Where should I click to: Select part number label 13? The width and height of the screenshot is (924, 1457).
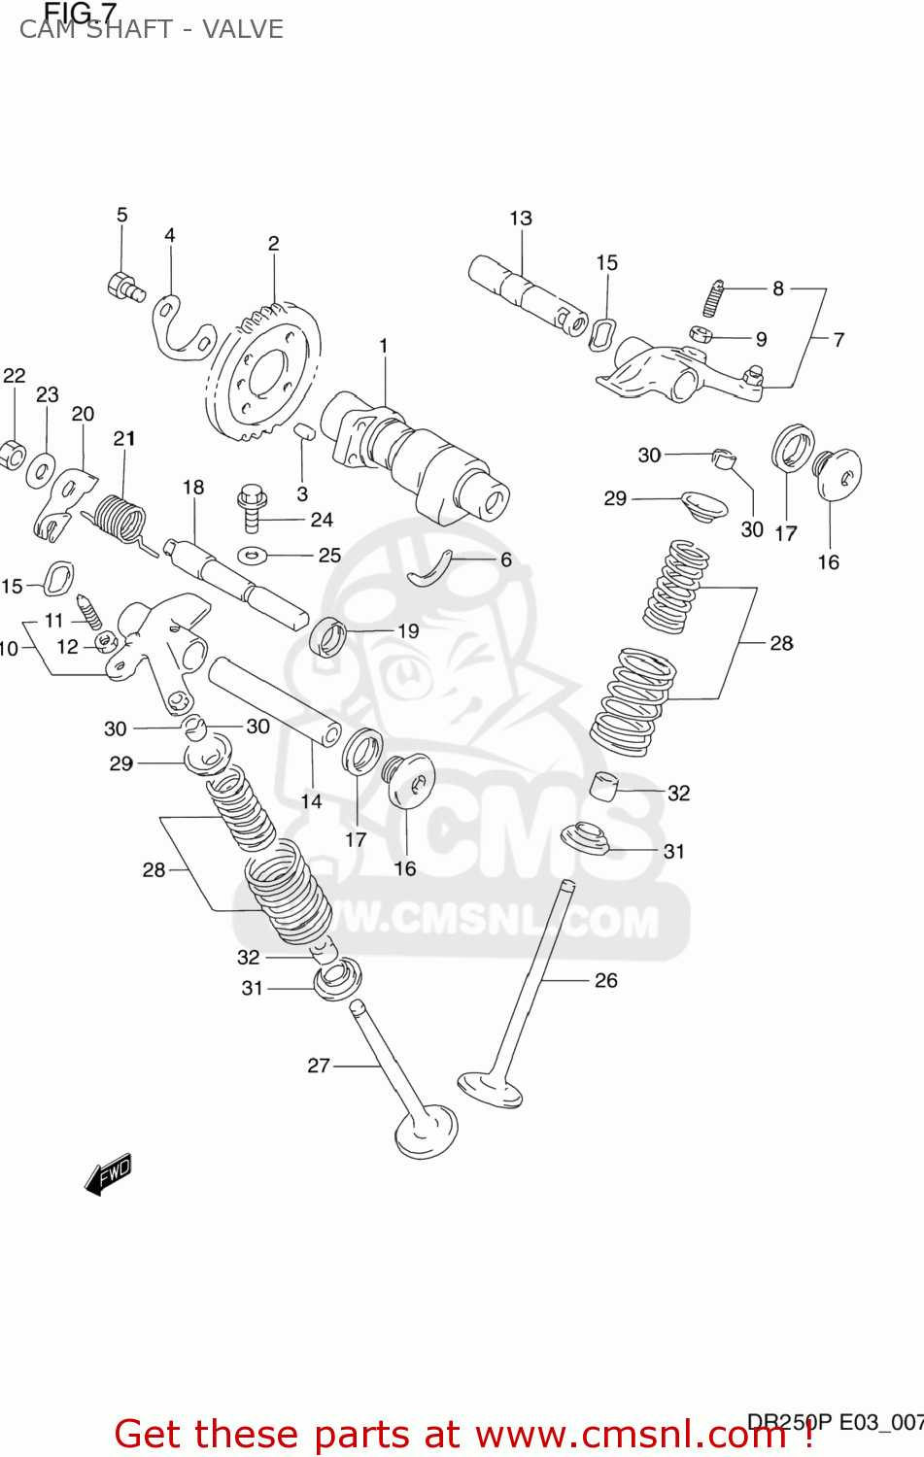(x=521, y=219)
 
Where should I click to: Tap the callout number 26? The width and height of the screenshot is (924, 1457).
(x=605, y=980)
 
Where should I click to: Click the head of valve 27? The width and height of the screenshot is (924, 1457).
(x=427, y=1133)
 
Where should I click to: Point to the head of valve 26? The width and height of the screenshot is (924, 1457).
(x=491, y=1088)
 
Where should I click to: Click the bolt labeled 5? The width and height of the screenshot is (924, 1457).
(x=123, y=286)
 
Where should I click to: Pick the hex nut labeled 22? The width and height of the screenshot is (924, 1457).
(x=12, y=454)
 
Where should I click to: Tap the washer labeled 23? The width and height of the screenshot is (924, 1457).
(x=41, y=471)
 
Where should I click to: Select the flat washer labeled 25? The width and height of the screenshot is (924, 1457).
(x=252, y=556)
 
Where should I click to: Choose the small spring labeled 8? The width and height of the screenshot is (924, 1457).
(x=714, y=297)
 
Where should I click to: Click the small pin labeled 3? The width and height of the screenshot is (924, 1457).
(x=303, y=431)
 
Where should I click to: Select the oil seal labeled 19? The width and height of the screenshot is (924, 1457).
(x=328, y=636)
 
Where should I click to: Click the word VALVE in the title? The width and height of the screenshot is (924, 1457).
(x=242, y=29)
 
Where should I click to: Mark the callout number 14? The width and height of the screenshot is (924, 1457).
(x=311, y=801)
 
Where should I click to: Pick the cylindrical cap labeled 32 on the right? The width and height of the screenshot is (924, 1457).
(x=604, y=784)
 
